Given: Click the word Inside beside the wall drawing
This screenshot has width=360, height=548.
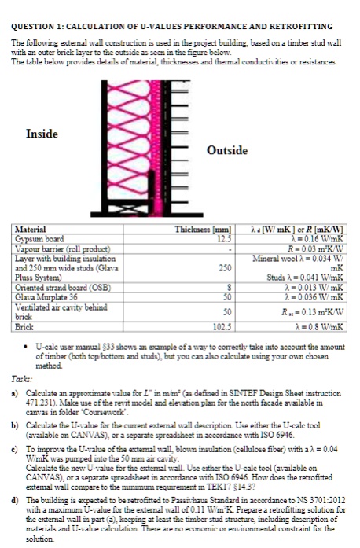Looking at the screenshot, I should coord(41,134).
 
